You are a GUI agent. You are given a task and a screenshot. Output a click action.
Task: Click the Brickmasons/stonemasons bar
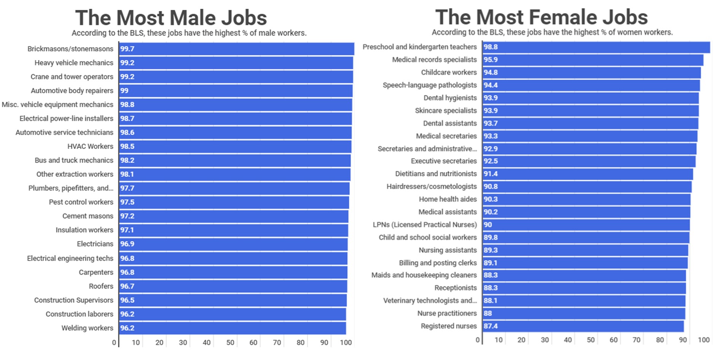click(x=236, y=49)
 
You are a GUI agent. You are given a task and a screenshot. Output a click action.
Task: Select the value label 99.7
click(x=127, y=49)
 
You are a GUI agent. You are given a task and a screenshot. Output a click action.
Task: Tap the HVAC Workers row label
click(x=90, y=146)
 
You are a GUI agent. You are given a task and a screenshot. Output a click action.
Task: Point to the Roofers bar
click(x=233, y=286)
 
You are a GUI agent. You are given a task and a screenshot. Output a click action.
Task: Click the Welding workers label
click(x=87, y=328)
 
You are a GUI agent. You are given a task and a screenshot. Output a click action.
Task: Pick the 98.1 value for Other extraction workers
click(x=127, y=174)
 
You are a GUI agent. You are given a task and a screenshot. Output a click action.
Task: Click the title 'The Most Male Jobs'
click(x=171, y=18)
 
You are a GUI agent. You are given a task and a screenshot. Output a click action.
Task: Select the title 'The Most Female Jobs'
click(x=541, y=17)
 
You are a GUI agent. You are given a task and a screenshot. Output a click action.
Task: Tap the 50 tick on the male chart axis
click(x=230, y=343)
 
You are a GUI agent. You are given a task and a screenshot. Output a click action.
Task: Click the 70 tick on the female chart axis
click(x=637, y=340)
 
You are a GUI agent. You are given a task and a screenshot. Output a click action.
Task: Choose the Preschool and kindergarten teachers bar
click(x=596, y=47)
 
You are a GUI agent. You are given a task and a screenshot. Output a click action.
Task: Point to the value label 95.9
click(x=491, y=60)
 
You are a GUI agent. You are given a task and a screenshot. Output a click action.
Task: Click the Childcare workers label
click(x=449, y=72)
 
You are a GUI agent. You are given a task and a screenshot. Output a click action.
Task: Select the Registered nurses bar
click(x=583, y=326)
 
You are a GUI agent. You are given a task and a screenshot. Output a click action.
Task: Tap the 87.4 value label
click(x=491, y=326)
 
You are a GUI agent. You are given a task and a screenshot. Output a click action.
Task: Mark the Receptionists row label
click(x=455, y=288)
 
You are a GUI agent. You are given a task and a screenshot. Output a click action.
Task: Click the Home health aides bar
click(x=586, y=199)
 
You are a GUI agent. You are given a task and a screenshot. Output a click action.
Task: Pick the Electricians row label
click(x=95, y=244)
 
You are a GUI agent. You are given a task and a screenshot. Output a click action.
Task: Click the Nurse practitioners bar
click(x=584, y=313)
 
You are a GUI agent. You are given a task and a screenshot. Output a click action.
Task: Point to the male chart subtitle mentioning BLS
click(x=189, y=33)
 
